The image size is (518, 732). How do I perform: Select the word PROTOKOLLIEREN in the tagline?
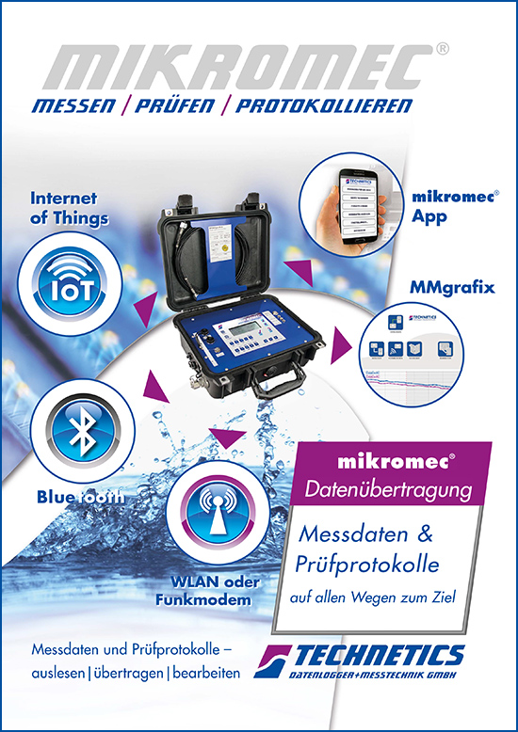[x=324, y=106]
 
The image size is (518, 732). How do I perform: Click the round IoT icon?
[x=71, y=281]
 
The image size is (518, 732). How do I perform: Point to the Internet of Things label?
[x=70, y=209]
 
